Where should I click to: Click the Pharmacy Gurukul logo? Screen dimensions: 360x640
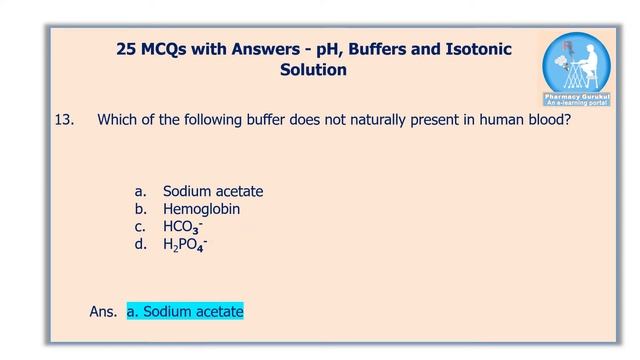[578, 69]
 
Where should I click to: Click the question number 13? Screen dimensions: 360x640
[64, 120]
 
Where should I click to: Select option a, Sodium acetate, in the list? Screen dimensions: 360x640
[213, 191]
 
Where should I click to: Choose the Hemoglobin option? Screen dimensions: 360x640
[201, 210]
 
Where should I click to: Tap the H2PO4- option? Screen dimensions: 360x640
[185, 244]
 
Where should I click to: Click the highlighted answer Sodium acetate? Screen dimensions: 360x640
[185, 312]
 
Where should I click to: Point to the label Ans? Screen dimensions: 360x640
[103, 312]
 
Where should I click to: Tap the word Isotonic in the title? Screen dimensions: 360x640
[474, 49]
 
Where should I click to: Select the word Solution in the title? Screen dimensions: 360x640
[314, 70]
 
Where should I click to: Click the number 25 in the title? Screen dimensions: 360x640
[127, 49]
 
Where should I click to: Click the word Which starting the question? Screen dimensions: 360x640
[117, 120]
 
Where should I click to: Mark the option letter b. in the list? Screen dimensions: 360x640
[141, 210]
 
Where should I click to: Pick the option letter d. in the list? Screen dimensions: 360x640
[141, 244]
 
